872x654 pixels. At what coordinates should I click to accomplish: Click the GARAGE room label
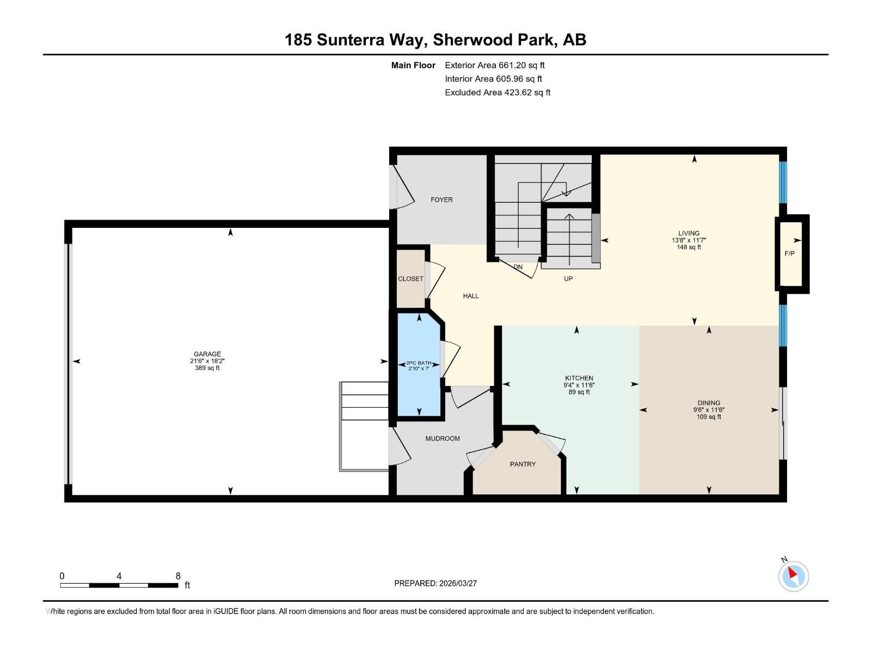[207, 354]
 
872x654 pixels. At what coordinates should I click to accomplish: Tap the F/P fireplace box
[790, 253]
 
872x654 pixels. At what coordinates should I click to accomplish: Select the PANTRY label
[523, 464]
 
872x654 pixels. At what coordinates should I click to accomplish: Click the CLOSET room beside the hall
[410, 278]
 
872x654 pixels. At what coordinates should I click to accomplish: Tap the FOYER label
[441, 199]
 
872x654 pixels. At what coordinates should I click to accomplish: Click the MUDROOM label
[443, 438]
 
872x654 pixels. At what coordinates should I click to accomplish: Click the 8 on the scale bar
[178, 576]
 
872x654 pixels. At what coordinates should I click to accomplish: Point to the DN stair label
[518, 267]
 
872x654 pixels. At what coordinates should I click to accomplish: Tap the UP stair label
[568, 278]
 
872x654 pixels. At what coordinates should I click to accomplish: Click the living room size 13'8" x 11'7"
[689, 240]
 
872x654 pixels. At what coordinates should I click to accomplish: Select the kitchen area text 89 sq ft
[579, 392]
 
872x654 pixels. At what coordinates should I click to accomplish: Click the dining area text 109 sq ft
[708, 417]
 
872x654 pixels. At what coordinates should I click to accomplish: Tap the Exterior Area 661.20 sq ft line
[494, 65]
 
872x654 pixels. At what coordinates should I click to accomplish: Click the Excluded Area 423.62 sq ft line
[497, 93]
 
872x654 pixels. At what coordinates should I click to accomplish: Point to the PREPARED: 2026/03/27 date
[435, 583]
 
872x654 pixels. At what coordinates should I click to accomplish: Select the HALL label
[471, 296]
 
